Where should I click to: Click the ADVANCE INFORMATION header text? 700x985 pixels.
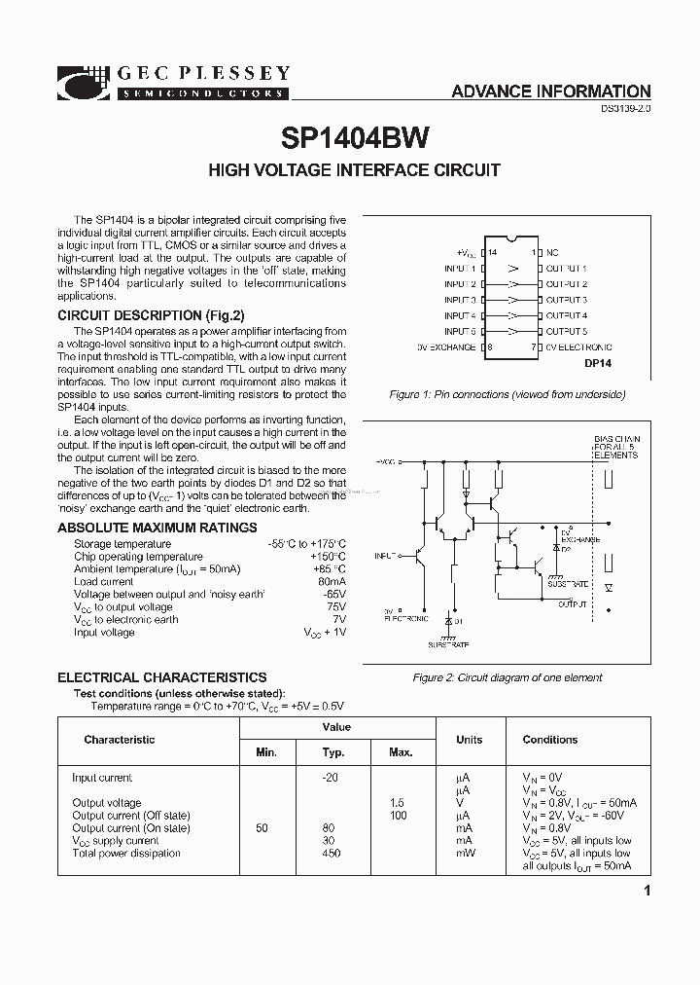coord(551,91)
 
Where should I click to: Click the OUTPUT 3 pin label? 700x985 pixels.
coord(566,300)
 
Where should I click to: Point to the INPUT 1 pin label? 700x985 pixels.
coord(460,268)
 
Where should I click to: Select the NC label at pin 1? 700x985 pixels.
coord(552,252)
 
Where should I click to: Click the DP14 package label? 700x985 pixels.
coord(599,364)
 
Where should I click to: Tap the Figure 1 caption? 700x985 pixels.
coord(507,395)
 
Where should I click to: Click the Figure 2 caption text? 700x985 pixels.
coord(507,677)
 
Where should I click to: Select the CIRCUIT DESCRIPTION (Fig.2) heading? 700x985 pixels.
coord(151,315)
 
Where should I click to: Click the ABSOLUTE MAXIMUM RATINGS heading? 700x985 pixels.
coord(157,528)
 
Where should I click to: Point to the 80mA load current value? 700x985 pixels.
coord(332,582)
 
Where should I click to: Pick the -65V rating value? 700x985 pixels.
coord(333,595)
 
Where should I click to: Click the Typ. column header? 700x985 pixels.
coord(333,752)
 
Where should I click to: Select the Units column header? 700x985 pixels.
coord(470,740)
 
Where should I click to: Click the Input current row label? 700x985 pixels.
coord(102,778)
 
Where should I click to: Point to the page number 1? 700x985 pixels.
coord(647,892)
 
